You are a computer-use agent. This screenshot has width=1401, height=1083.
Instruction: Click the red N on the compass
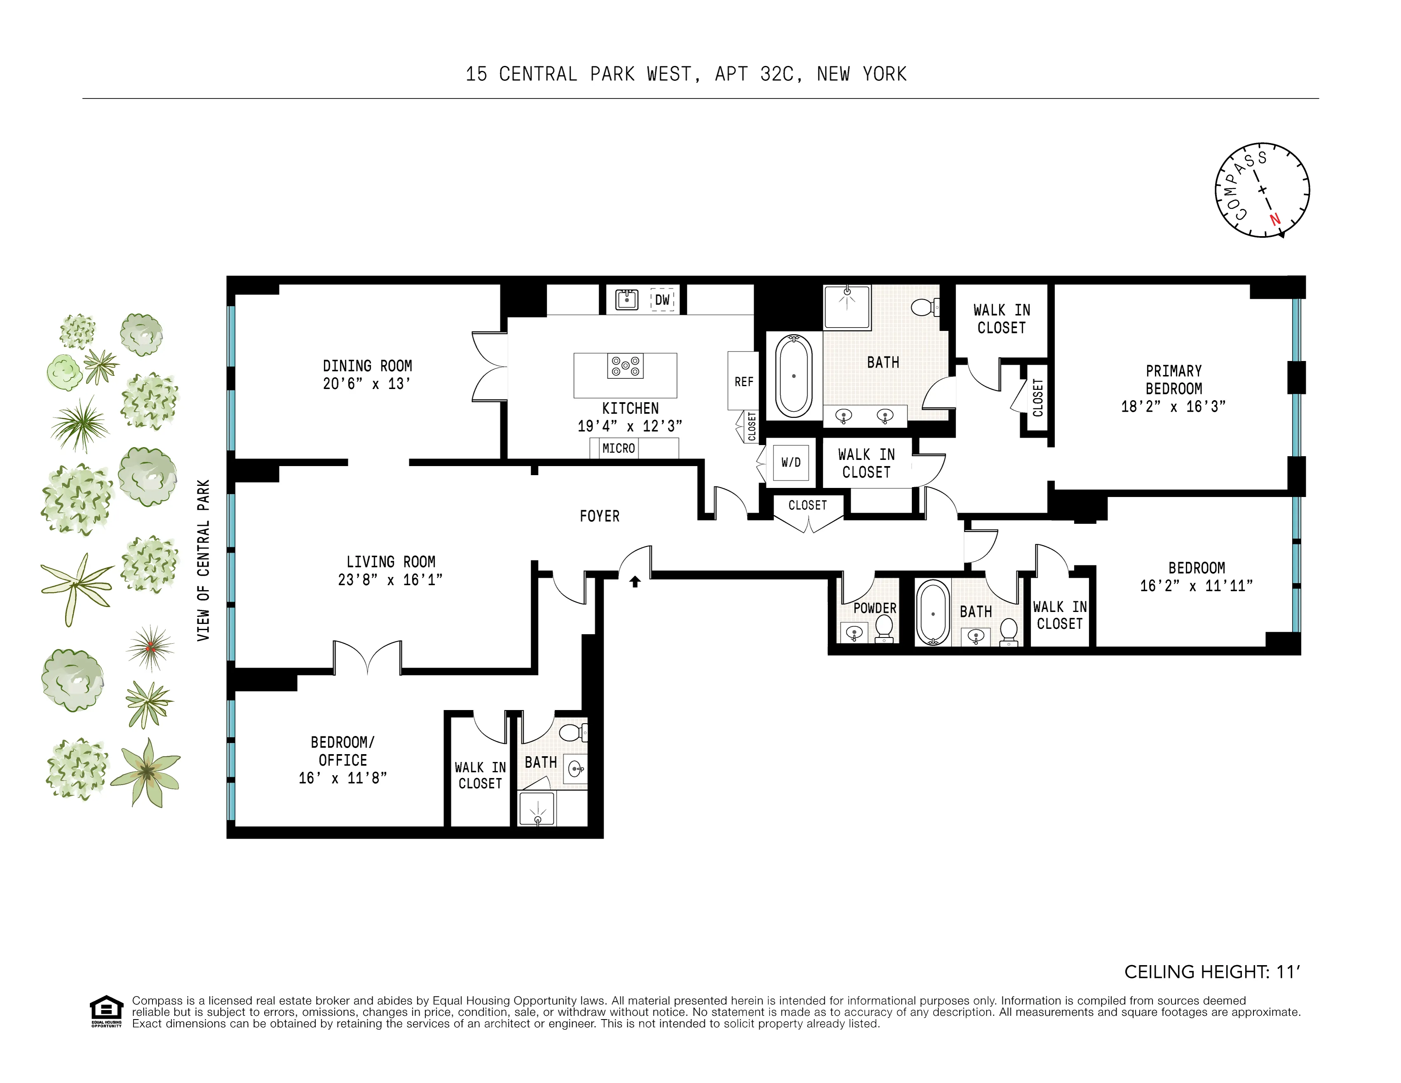click(x=1274, y=219)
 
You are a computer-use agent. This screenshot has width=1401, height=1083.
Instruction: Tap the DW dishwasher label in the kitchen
click(x=662, y=300)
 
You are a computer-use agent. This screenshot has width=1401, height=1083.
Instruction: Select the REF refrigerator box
click(x=743, y=381)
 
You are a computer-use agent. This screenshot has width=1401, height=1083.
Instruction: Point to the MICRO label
click(x=619, y=448)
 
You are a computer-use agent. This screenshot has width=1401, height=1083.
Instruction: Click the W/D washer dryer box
click(x=790, y=462)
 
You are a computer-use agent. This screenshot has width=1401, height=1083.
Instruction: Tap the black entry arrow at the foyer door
click(x=635, y=581)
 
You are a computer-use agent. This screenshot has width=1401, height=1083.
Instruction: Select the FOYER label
click(x=599, y=516)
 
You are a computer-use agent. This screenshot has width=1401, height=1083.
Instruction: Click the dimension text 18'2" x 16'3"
click(x=1173, y=407)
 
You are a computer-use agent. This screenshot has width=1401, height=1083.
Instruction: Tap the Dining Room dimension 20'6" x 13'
click(x=366, y=384)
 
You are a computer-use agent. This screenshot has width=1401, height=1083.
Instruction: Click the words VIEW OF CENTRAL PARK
click(x=203, y=560)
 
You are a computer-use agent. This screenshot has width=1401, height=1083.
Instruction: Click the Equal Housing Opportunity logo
click(x=106, y=1011)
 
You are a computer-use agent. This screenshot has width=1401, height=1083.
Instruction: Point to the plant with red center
click(x=150, y=648)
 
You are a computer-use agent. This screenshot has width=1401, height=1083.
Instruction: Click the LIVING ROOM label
click(x=391, y=562)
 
